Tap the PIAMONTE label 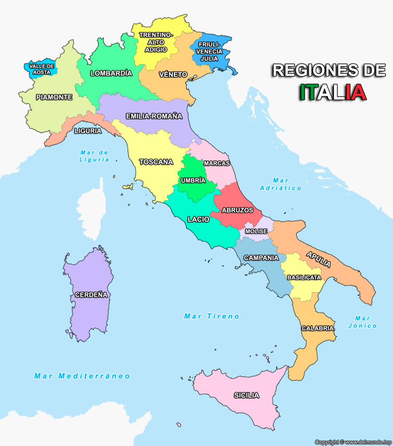tap(54, 98)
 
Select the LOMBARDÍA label tap(111, 73)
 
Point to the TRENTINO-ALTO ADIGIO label tap(156, 42)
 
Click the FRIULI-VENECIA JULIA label tap(210, 51)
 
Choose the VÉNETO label tap(173, 74)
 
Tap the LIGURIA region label tap(88, 131)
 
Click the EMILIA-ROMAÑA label tap(154, 116)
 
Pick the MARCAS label tap(217, 163)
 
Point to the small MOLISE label tap(256, 231)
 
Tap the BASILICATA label tap(304, 277)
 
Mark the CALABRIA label tap(318, 328)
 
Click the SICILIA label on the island tap(246, 395)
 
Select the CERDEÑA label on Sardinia tap(91, 295)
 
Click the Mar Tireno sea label tap(212, 316)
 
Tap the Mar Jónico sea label tap(363, 322)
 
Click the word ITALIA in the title tap(333, 92)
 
